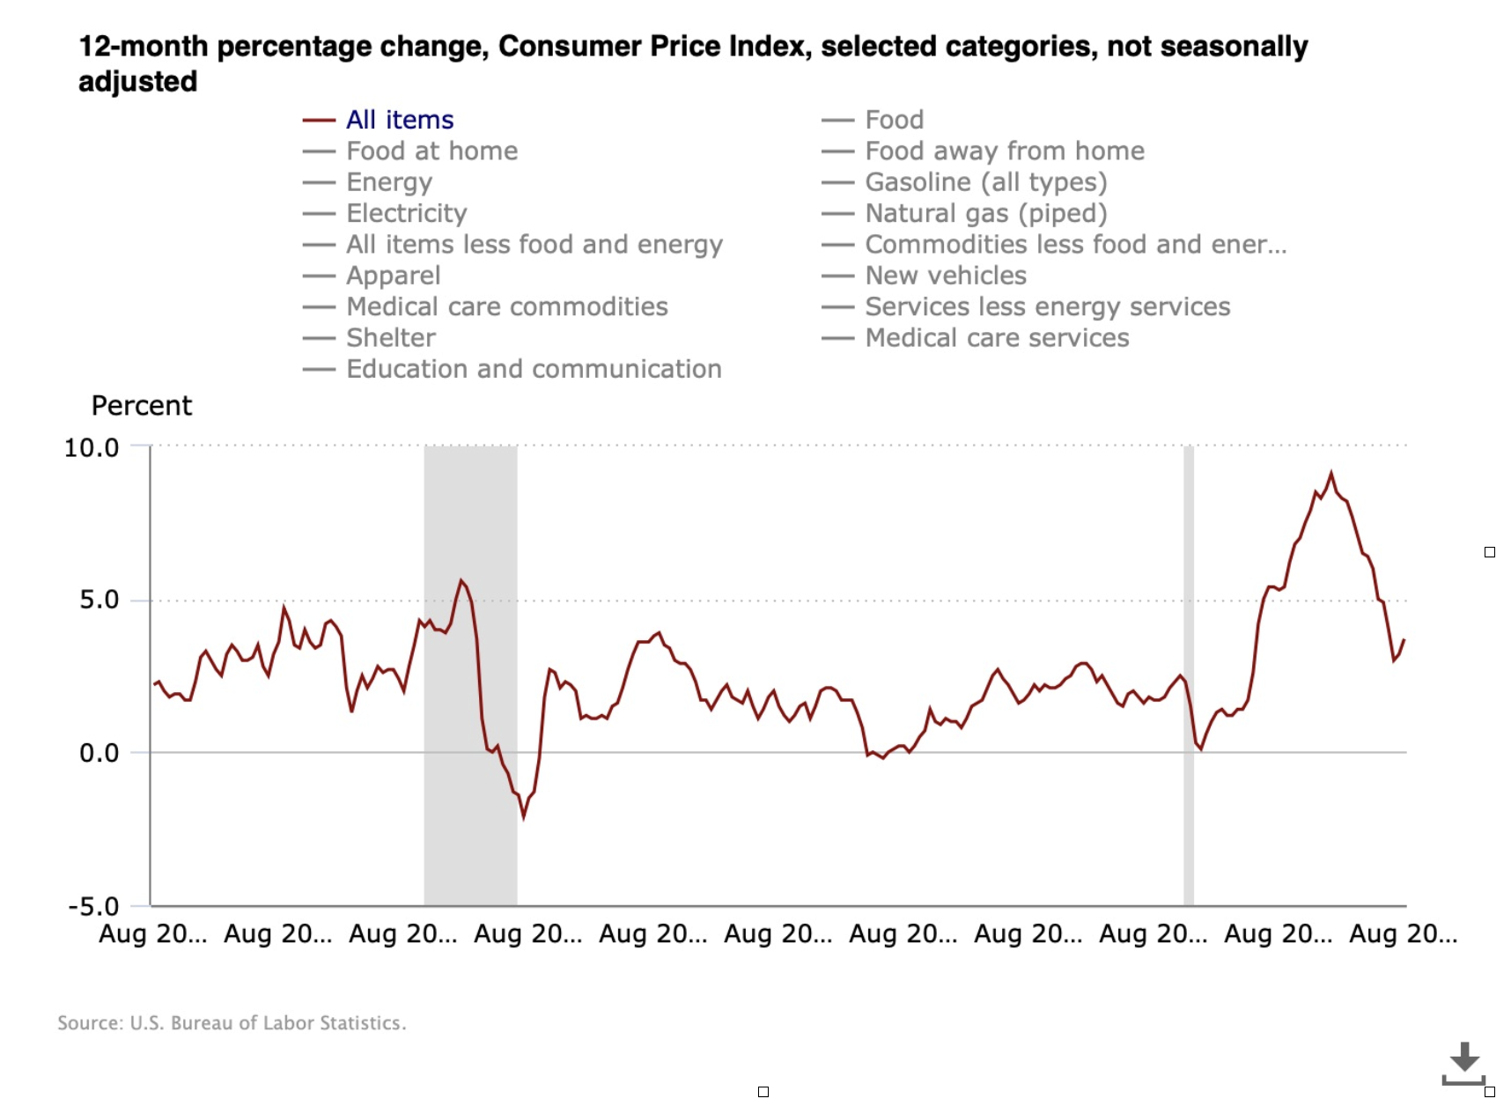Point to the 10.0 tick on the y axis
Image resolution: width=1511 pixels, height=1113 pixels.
(x=92, y=447)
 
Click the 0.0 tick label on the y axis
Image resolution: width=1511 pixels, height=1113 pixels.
(x=99, y=753)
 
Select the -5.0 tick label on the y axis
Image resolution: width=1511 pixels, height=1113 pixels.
(x=93, y=906)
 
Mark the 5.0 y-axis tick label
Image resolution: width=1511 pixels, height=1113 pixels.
(x=99, y=600)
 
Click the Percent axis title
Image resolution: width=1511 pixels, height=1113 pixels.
(x=141, y=406)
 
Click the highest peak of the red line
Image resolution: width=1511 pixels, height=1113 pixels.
(x=1330, y=474)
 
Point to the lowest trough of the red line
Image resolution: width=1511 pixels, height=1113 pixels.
(x=524, y=817)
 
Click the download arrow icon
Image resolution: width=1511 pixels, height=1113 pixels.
(x=1463, y=1060)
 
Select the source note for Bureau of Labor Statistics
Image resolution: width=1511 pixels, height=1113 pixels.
(x=232, y=1023)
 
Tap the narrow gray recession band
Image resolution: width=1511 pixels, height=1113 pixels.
(x=1188, y=669)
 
